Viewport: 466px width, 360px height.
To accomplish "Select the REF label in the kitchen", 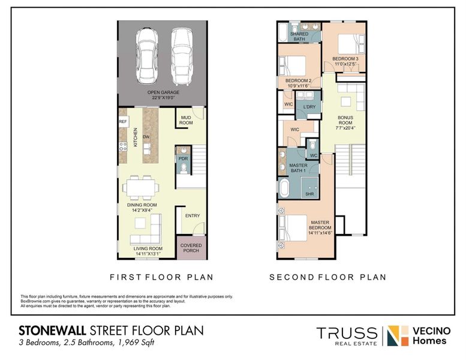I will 123,122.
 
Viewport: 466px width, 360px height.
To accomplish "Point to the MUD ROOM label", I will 186,120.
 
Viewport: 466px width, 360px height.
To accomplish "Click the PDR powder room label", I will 183,158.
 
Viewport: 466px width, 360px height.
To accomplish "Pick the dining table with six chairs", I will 142,187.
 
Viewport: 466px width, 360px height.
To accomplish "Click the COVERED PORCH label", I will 191,248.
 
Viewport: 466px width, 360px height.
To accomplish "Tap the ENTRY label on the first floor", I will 192,216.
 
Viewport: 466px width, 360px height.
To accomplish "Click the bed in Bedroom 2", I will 292,64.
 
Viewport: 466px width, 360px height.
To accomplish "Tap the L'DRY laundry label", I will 309,107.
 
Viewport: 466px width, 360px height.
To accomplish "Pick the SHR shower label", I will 310,194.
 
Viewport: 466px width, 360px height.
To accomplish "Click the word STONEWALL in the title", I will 53,331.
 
